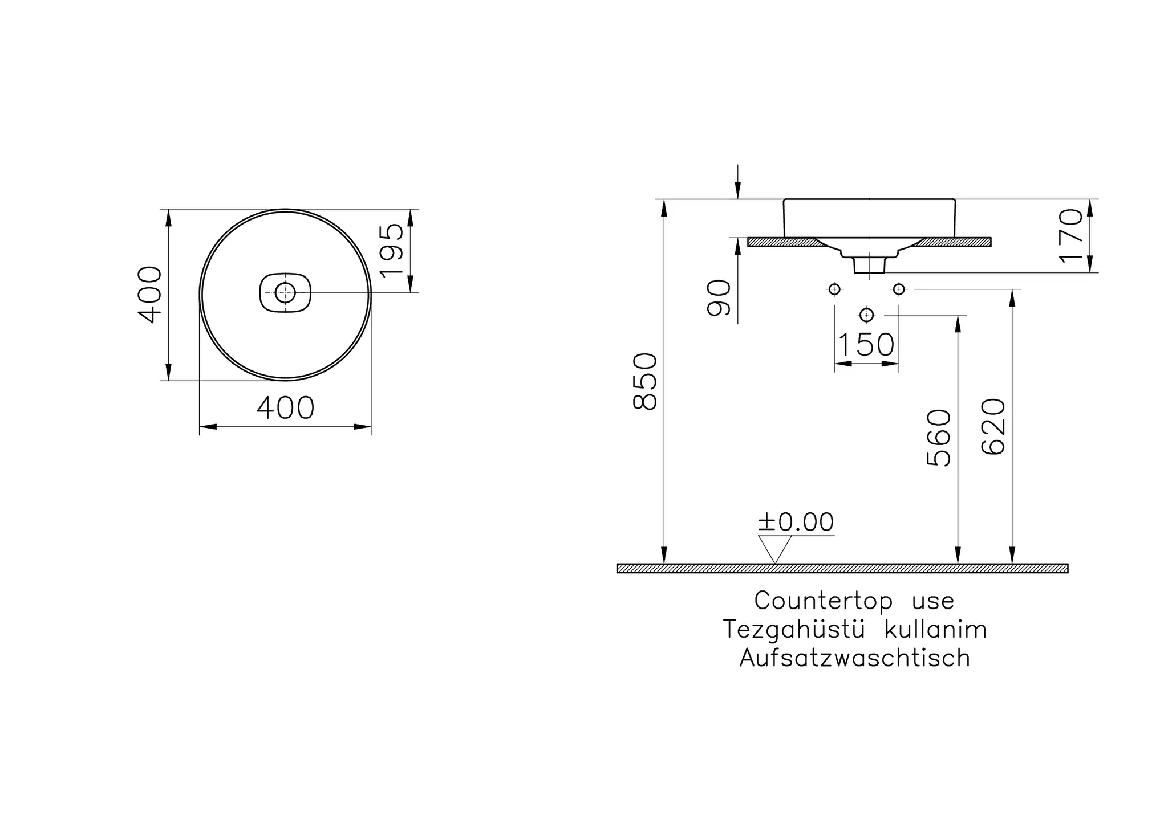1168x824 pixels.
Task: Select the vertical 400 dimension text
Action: click(150, 295)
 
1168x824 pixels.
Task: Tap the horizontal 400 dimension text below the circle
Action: click(285, 408)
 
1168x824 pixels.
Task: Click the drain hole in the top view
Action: click(285, 293)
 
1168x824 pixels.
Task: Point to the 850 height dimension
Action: click(645, 381)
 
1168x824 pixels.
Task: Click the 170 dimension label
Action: click(1070, 235)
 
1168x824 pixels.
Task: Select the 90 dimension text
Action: click(719, 297)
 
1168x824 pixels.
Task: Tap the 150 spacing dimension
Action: click(866, 345)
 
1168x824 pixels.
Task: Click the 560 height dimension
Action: click(939, 438)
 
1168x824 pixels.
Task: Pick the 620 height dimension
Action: click(993, 426)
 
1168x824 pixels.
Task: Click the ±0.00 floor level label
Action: click(796, 522)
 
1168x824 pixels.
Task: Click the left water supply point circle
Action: click(834, 289)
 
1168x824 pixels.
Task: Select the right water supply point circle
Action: click(899, 289)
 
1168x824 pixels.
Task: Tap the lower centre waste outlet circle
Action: click(866, 315)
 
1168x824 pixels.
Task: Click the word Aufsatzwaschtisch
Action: click(855, 658)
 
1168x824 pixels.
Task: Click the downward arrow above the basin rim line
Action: click(738, 181)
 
